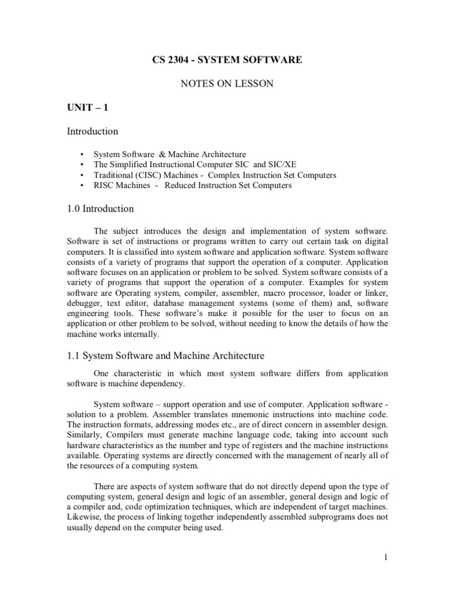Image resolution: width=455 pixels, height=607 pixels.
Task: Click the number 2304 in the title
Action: pyautogui.click(x=173, y=60)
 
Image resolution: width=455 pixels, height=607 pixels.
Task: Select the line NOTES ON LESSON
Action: pyautogui.click(x=227, y=84)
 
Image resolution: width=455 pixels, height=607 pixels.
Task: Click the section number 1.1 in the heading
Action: pyautogui.click(x=73, y=356)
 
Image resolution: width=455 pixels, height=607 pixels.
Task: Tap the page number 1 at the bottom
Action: pyautogui.click(x=385, y=557)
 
